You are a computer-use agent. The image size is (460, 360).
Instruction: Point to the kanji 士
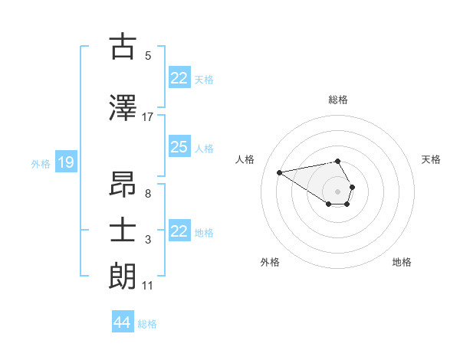[123, 231]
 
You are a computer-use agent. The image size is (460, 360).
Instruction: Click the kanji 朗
[123, 277]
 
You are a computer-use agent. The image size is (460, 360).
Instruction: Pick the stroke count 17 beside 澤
[147, 117]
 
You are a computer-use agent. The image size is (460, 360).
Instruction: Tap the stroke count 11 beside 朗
[147, 286]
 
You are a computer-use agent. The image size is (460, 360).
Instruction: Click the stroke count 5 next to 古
[147, 55]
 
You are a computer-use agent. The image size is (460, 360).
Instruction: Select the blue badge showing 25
[179, 147]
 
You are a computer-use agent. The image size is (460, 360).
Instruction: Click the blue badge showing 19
[65, 162]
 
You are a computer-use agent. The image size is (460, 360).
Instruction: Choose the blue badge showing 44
[122, 322]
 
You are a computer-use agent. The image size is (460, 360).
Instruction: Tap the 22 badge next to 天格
[179, 78]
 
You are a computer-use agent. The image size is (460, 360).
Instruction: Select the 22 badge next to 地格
[179, 231]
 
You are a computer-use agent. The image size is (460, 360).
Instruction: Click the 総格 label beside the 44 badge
[147, 324]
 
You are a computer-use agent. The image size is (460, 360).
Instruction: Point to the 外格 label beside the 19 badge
[40, 163]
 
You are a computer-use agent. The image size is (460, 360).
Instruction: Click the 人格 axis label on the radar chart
[245, 159]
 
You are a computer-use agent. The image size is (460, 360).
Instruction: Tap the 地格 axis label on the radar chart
[402, 262]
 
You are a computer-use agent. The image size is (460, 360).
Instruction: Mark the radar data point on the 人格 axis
[280, 172]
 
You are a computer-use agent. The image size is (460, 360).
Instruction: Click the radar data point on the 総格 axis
[337, 161]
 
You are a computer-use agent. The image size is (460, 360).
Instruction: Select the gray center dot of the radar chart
[337, 191]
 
